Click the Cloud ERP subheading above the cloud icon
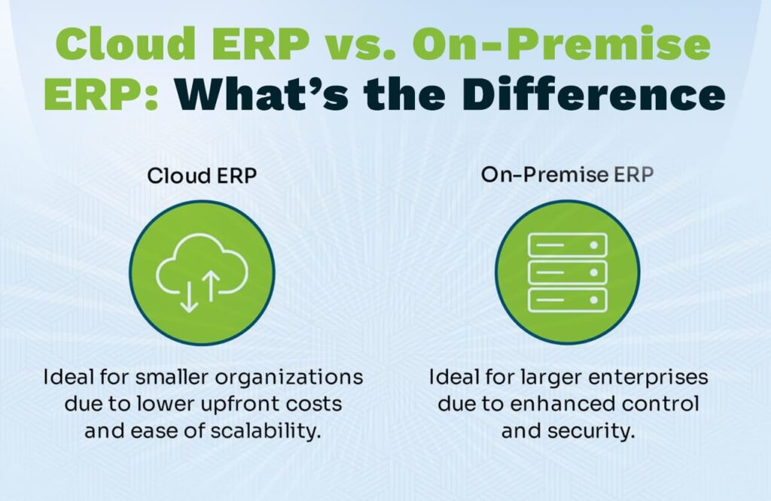(x=202, y=175)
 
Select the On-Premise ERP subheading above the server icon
(x=567, y=175)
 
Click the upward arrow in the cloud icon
(x=211, y=285)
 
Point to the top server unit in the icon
(x=567, y=244)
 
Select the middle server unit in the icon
(x=567, y=272)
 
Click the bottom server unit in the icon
(x=567, y=300)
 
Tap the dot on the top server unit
(x=593, y=244)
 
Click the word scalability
(x=266, y=432)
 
